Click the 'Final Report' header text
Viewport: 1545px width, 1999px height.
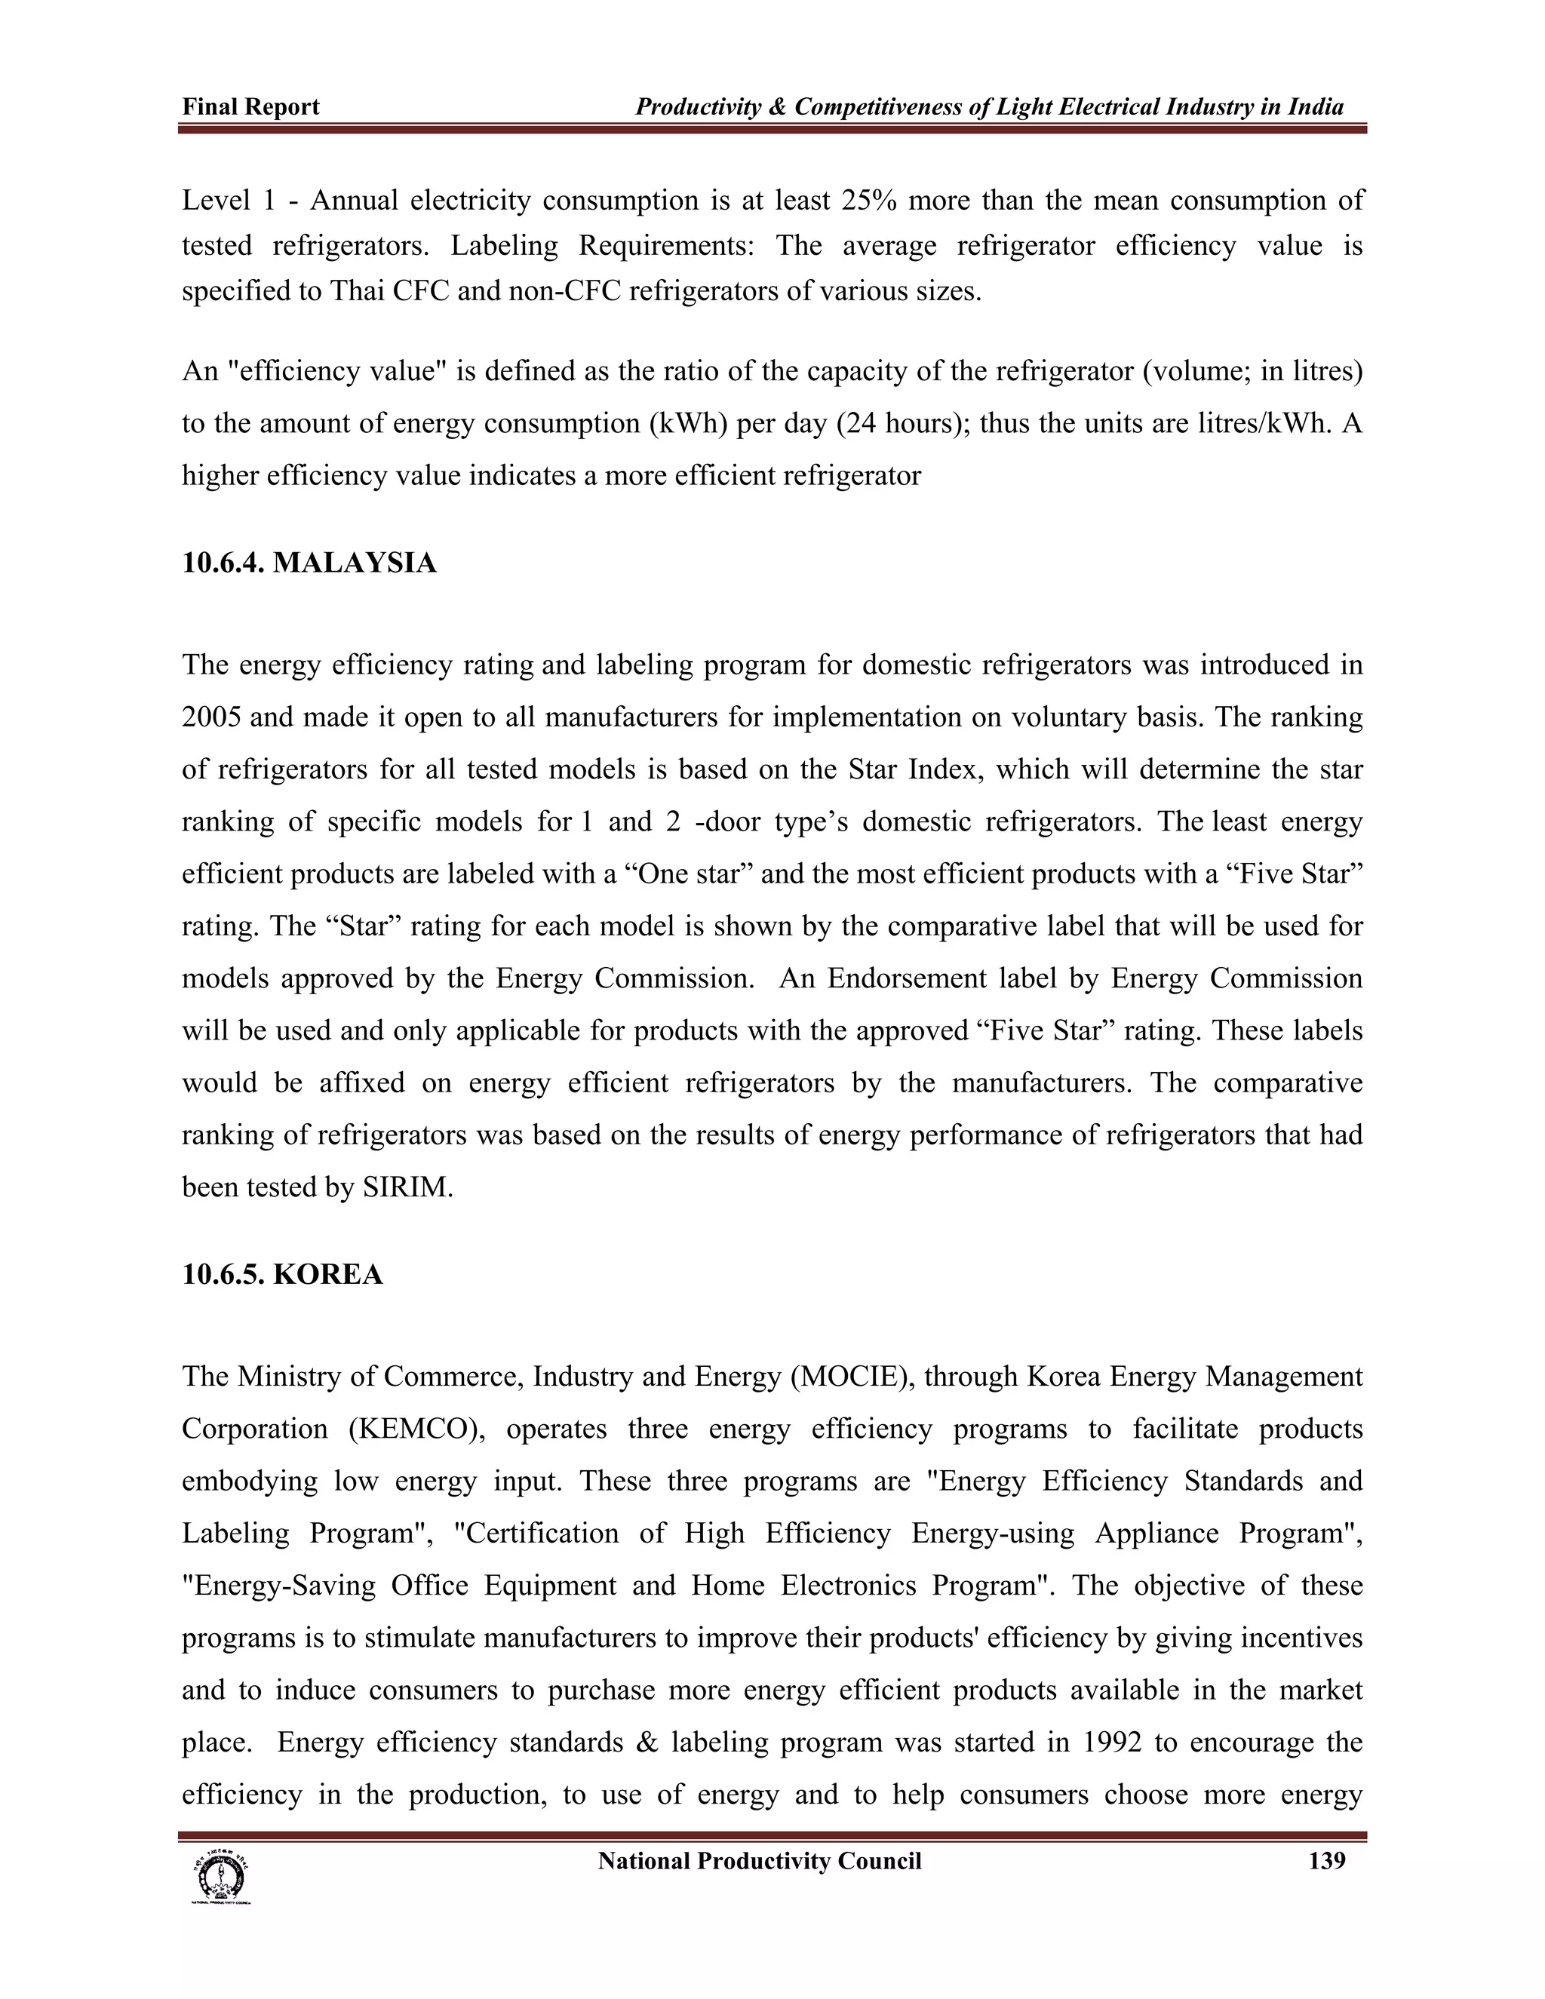tap(250, 107)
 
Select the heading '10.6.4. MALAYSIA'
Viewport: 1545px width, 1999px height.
tap(309, 563)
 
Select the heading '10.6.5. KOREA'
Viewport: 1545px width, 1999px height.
tap(282, 1274)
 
